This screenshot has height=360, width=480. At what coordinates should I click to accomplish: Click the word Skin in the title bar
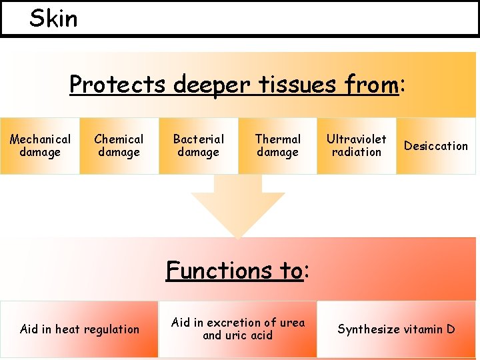[53, 19]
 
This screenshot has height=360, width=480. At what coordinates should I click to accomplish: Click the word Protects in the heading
[117, 85]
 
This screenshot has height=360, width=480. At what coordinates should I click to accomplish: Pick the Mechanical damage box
[40, 145]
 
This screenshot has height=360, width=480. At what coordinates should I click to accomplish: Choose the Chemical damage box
[119, 145]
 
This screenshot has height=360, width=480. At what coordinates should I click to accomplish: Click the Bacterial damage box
[198, 145]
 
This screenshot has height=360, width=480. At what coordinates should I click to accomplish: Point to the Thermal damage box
[277, 145]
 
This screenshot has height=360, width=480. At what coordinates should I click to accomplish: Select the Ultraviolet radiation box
[356, 145]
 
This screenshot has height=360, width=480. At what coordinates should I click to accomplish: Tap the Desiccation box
[436, 145]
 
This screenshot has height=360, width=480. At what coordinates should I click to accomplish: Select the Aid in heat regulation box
[79, 329]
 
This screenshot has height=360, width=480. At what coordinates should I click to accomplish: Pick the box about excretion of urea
[237, 329]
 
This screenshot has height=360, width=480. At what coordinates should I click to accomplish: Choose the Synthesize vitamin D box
[396, 329]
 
